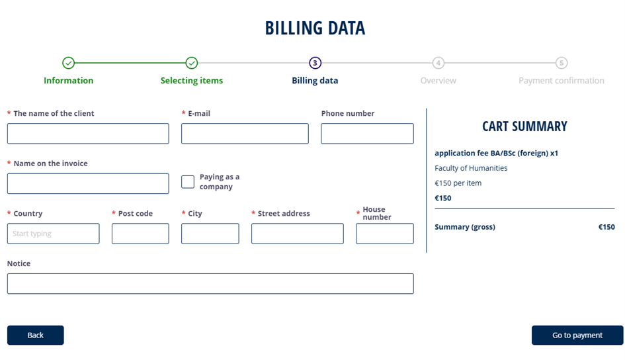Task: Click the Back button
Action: click(36, 336)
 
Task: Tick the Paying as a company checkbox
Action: click(188, 182)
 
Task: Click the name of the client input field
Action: click(88, 134)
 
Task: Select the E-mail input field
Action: click(245, 134)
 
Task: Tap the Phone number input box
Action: click(367, 134)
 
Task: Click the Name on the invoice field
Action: click(88, 183)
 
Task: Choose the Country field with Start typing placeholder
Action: click(54, 234)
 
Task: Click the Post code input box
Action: click(140, 234)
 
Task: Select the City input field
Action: click(210, 234)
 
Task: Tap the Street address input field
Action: click(298, 234)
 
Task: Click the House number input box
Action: click(385, 234)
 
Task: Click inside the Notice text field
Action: click(210, 284)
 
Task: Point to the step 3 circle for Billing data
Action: click(315, 63)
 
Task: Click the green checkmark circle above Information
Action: click(69, 63)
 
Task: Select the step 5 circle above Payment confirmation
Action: click(562, 63)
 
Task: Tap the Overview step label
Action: click(438, 81)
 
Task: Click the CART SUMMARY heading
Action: click(524, 126)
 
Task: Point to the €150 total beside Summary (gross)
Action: click(606, 227)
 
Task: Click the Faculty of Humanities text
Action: click(471, 168)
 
